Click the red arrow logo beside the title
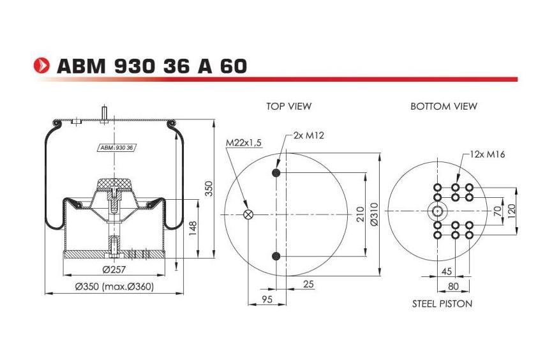tap(41, 66)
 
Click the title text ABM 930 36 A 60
tap(151, 66)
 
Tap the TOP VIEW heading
tap(289, 106)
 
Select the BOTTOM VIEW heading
tap(443, 106)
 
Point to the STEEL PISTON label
tap(442, 304)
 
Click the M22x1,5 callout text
tap(244, 143)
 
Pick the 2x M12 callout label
tap(309, 135)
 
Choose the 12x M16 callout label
tap(488, 154)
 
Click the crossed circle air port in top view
tap(248, 214)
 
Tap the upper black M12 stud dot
tap(276, 173)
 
